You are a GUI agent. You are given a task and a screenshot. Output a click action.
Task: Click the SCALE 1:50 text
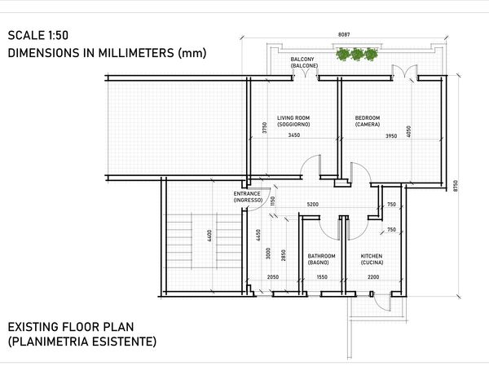click(x=38, y=35)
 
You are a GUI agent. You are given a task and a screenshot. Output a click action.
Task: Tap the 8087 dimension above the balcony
click(x=344, y=34)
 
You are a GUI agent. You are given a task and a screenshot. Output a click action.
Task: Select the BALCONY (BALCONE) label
click(x=304, y=63)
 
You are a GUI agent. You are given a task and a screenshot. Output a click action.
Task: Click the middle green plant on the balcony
click(x=357, y=55)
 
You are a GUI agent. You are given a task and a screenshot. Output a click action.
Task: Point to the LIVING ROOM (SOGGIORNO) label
click(x=293, y=121)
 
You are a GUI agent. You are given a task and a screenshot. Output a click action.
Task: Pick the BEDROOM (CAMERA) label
click(x=368, y=121)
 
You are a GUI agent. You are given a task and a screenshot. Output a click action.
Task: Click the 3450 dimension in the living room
click(x=294, y=135)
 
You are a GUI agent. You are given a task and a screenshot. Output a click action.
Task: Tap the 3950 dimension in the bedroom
click(x=391, y=136)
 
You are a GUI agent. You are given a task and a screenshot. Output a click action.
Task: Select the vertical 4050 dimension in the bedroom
click(x=408, y=131)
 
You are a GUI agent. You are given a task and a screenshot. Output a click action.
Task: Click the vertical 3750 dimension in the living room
click(x=264, y=128)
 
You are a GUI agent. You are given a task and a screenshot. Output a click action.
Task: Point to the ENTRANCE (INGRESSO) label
click(x=248, y=196)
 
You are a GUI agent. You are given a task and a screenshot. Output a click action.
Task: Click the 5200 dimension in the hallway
click(x=313, y=205)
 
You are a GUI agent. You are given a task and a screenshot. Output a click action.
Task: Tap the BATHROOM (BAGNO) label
click(x=322, y=259)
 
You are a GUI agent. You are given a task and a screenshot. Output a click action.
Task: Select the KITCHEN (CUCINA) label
click(x=372, y=259)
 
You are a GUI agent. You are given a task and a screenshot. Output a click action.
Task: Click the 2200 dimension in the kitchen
click(x=373, y=277)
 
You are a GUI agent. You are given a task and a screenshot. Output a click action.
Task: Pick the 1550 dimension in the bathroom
click(x=322, y=277)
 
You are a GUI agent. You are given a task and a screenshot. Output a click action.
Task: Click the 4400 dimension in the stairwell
click(x=209, y=236)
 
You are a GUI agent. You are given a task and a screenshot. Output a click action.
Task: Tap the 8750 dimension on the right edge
click(x=456, y=186)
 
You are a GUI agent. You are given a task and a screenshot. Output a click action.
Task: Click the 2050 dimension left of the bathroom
click(x=273, y=277)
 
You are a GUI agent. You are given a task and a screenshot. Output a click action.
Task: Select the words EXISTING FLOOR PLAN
click(x=71, y=327)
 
